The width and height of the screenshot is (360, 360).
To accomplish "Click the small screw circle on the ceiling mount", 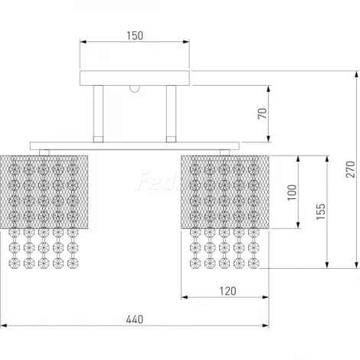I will point(134,88).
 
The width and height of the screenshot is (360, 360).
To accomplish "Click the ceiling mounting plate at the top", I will point(135,77).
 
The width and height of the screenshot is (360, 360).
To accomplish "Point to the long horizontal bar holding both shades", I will point(135,145).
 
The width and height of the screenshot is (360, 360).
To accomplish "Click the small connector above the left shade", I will point(45,152).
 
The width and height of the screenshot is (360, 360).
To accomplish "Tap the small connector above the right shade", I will point(223,152).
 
